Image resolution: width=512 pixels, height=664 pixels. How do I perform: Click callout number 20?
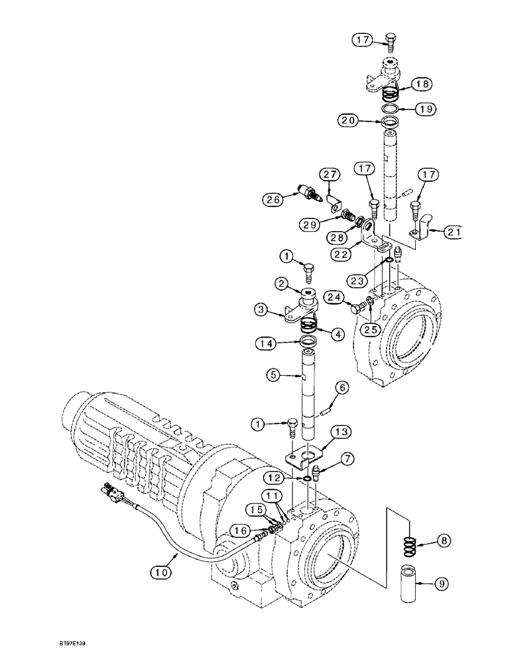click(350, 120)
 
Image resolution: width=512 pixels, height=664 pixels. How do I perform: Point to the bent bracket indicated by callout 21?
click(421, 233)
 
